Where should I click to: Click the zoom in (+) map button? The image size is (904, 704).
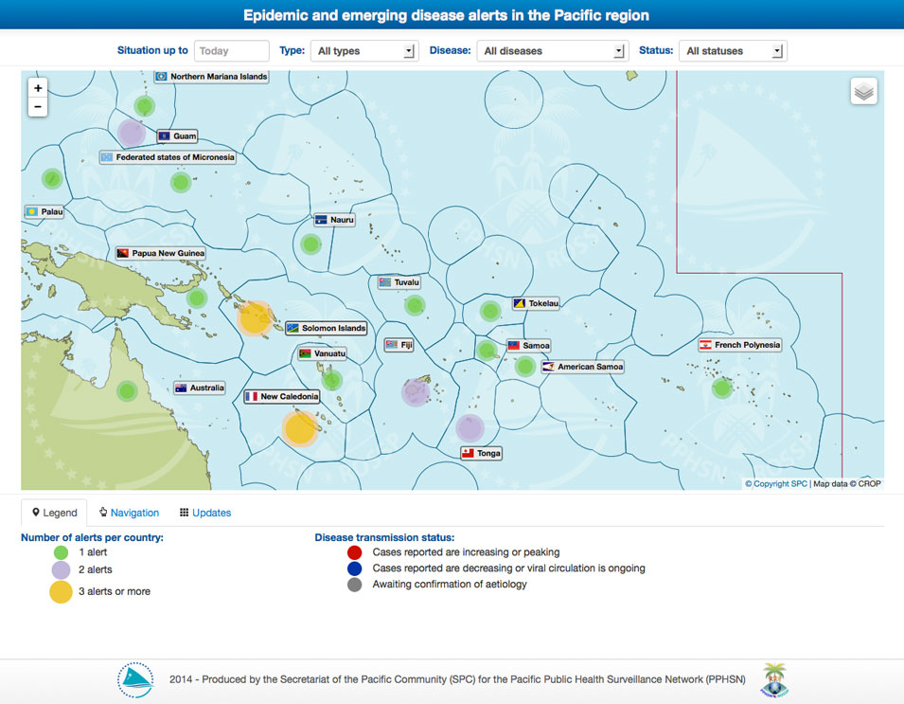(x=38, y=88)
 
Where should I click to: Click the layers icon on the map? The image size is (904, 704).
(x=863, y=91)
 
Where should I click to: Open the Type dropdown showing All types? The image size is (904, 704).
(x=363, y=51)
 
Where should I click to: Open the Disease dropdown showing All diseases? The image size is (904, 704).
(x=552, y=51)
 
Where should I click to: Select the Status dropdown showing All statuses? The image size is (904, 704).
(x=733, y=51)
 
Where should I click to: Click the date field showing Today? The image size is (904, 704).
(x=231, y=51)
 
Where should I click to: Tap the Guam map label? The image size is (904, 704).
(x=177, y=136)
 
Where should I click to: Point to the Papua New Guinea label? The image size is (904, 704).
(x=160, y=254)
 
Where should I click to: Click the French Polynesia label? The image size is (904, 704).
(x=740, y=345)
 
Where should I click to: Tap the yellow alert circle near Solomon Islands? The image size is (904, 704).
(x=255, y=317)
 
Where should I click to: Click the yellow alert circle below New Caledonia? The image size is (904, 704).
(x=299, y=428)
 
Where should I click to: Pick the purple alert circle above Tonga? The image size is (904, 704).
(x=470, y=428)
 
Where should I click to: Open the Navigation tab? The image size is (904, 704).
(x=130, y=513)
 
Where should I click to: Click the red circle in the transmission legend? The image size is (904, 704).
(x=354, y=552)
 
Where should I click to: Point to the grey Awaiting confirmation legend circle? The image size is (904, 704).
(x=354, y=585)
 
